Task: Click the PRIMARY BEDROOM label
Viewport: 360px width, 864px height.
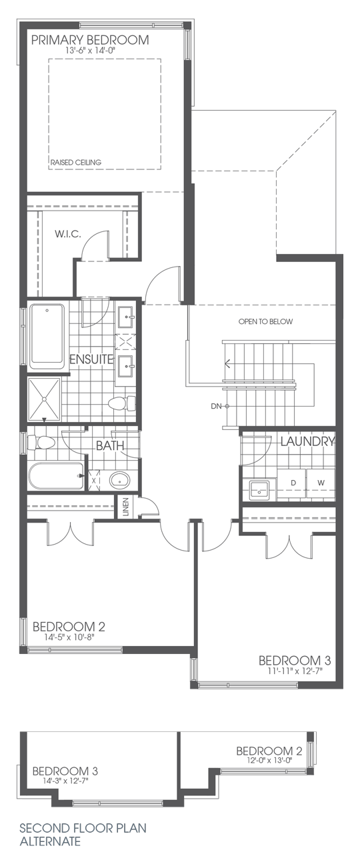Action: click(x=91, y=40)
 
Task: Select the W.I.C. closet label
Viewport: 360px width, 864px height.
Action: click(x=68, y=235)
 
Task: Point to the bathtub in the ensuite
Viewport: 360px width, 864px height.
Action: click(x=47, y=337)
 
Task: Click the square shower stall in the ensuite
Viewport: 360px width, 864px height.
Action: click(x=45, y=399)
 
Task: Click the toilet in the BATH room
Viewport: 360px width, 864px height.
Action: click(x=45, y=442)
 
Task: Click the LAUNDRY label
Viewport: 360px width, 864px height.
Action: click(x=307, y=441)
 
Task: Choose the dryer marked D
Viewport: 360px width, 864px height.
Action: click(x=291, y=482)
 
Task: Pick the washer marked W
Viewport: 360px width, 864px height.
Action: click(x=321, y=482)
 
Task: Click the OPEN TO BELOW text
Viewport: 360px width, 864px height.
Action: click(x=265, y=321)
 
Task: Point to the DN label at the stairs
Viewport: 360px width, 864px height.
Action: click(x=215, y=406)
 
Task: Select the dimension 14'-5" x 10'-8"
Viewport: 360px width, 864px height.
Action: click(x=69, y=638)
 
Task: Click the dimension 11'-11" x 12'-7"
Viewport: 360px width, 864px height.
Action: click(x=295, y=671)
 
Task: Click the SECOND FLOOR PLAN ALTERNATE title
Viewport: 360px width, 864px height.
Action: click(x=83, y=835)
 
